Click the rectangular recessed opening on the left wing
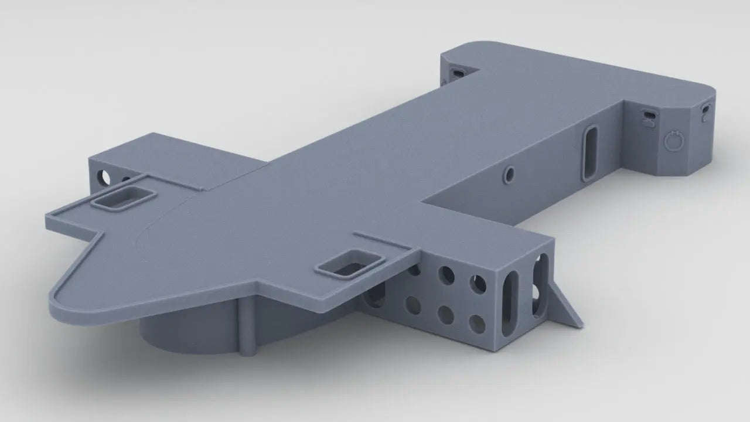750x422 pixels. (124, 198)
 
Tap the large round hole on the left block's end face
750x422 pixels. (104, 176)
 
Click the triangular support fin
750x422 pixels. (565, 305)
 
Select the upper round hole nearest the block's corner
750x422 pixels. (479, 284)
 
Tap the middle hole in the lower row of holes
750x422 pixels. (445, 315)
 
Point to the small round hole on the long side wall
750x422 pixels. (509, 173)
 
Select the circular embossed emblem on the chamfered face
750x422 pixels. (674, 140)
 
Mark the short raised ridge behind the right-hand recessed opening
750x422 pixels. (381, 240)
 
